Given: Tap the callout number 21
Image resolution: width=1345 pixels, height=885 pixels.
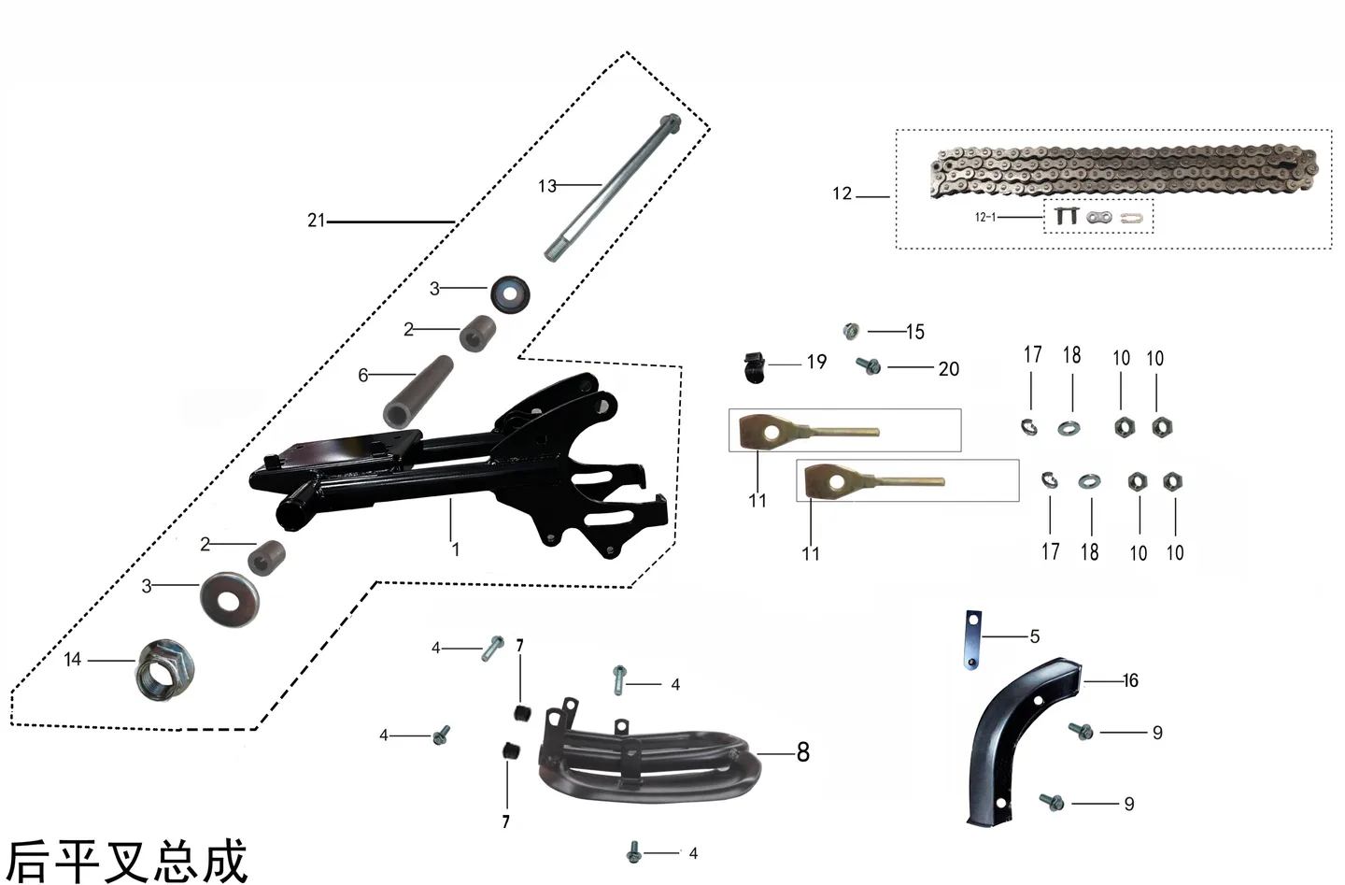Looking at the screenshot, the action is click(x=316, y=221).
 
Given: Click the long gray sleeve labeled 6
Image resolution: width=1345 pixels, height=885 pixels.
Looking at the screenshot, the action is click(x=418, y=392).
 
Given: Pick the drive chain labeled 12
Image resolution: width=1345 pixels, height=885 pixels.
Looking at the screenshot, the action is click(x=1124, y=171).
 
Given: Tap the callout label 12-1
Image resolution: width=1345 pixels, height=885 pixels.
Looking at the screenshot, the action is click(x=984, y=217).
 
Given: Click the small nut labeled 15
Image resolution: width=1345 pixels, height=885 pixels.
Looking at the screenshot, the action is click(x=851, y=331).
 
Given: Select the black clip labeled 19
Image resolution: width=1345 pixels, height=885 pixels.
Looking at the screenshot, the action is click(x=755, y=367).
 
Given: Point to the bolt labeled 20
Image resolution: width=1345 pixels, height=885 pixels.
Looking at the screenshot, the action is click(x=869, y=364).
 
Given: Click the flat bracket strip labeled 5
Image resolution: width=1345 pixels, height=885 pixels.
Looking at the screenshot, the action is click(x=972, y=640).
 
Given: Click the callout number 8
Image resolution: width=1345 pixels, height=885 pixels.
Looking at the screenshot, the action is click(x=803, y=751).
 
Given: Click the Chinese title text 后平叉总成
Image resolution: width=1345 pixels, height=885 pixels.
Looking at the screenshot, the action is click(x=127, y=861).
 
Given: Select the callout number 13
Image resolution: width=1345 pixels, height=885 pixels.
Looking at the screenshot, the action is click(x=547, y=186).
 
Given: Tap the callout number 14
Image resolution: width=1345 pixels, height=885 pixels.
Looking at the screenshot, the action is click(x=72, y=660).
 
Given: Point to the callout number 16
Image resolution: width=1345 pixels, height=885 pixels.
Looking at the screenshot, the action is click(x=1130, y=680).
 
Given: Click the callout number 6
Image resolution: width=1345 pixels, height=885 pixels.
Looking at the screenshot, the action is click(x=362, y=376).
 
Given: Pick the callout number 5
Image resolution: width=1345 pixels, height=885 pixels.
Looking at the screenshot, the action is click(x=1035, y=636).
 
